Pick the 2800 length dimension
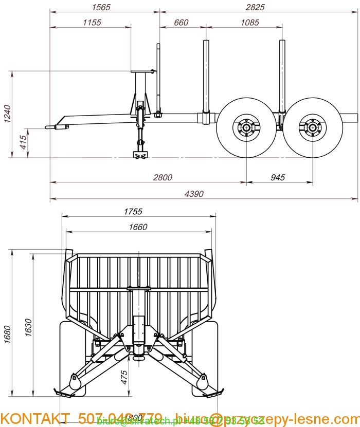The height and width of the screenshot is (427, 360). tap(163, 177)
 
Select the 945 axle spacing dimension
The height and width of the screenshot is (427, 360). tap(277, 177)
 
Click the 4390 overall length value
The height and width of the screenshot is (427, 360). tap(195, 194)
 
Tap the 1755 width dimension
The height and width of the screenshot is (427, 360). tap(133, 211)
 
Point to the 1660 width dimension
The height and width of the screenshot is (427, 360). tap(138, 227)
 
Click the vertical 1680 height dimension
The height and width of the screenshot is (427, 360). tap(7, 335)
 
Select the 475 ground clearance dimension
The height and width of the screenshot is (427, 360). tap(124, 378)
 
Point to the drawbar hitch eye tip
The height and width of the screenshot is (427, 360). tap(48, 127)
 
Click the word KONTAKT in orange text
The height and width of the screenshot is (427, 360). tap(34, 418)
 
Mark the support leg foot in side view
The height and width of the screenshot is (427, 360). tap(139, 155)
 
